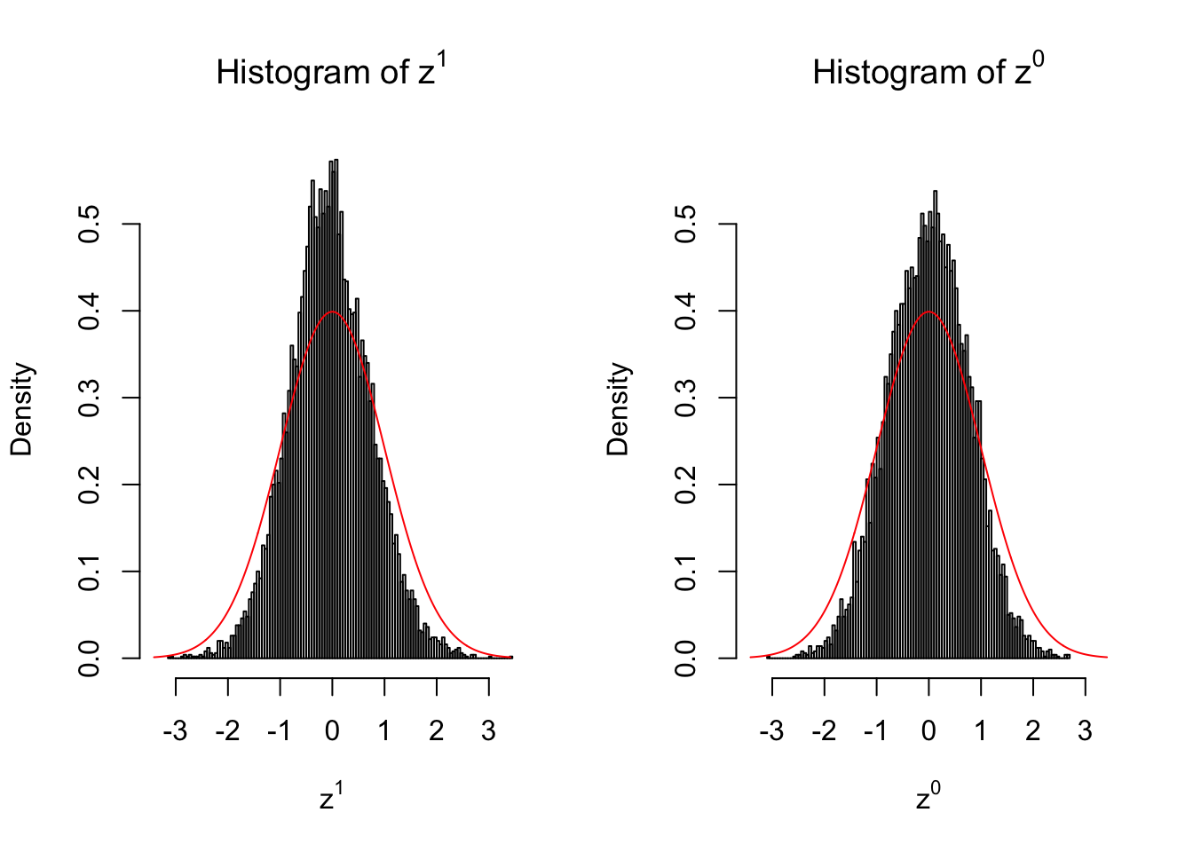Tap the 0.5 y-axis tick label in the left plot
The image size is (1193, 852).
(x=89, y=225)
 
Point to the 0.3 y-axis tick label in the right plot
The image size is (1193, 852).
(x=685, y=398)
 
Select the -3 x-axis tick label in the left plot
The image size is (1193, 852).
(x=175, y=731)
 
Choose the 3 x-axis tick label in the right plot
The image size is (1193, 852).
(x=1085, y=731)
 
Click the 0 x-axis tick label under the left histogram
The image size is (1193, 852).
(x=332, y=731)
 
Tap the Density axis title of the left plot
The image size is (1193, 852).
(x=21, y=409)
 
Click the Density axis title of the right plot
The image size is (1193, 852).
(x=618, y=409)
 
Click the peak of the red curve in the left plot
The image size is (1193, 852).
(x=332, y=312)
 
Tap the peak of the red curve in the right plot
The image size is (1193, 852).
(x=928, y=312)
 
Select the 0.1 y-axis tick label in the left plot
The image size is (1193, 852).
(x=89, y=572)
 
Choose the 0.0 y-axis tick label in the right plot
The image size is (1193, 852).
(x=685, y=659)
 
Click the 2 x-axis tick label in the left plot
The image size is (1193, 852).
(x=436, y=731)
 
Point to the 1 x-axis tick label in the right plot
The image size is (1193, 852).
(x=981, y=731)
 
